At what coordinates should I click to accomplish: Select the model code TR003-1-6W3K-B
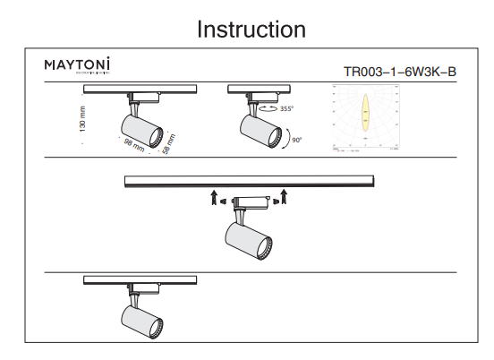click(x=399, y=73)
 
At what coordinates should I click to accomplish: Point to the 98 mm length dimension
click(x=132, y=147)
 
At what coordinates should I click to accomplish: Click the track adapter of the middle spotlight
click(x=249, y=201)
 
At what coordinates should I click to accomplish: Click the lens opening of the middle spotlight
click(x=266, y=246)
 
